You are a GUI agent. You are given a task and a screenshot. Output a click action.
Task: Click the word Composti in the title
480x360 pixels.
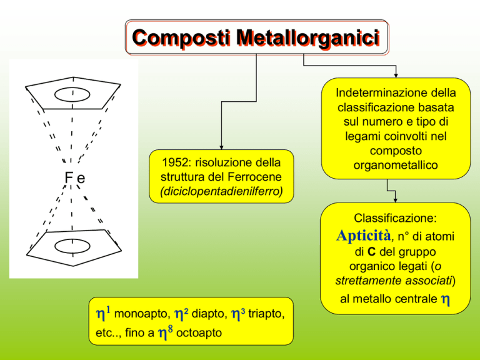click(x=181, y=38)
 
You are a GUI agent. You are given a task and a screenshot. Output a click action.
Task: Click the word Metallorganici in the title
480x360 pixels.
click(x=308, y=38)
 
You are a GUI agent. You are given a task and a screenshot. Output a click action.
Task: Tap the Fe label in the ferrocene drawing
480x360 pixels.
click(x=75, y=177)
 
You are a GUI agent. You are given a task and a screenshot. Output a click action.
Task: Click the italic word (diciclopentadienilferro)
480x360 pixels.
click(x=221, y=191)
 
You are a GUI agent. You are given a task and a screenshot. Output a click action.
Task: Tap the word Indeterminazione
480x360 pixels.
click(x=373, y=92)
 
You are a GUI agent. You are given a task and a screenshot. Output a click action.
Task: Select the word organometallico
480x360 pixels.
click(x=396, y=165)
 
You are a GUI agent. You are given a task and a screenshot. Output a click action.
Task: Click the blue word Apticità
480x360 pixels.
click(x=364, y=236)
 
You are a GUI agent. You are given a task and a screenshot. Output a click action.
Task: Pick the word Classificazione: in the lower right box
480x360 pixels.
click(x=395, y=218)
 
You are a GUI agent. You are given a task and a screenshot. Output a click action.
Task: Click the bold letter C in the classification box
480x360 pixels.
click(x=371, y=252)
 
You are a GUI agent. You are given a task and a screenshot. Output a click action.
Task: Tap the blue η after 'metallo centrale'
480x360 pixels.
click(x=446, y=300)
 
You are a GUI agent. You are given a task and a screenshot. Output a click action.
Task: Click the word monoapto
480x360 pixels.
click(x=142, y=314)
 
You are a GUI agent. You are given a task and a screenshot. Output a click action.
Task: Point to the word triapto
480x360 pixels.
click(x=266, y=314)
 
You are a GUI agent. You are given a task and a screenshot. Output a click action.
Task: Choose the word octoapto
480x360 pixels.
click(x=199, y=332)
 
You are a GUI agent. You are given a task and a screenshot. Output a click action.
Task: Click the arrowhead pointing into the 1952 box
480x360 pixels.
click(x=221, y=147)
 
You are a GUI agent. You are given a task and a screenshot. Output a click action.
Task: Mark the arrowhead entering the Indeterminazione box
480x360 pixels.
click(x=396, y=76)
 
